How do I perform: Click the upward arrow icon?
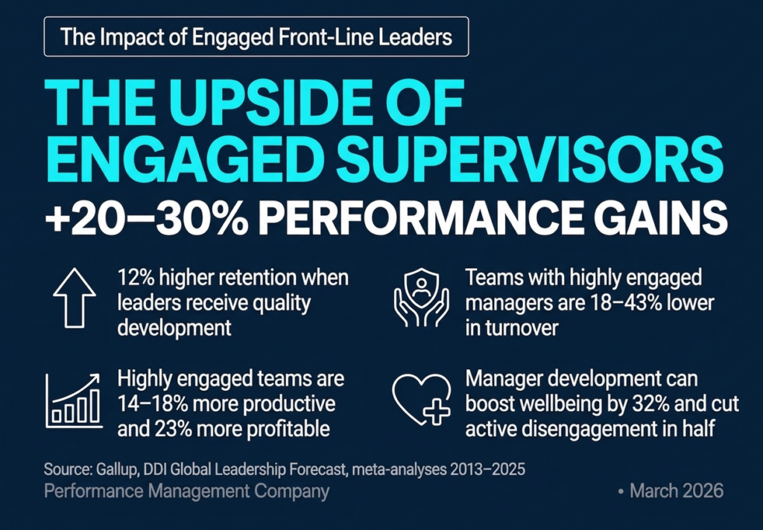[x=74, y=298]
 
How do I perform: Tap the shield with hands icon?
[x=421, y=298]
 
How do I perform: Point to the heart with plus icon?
[x=421, y=400]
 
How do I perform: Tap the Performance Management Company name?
[x=186, y=491]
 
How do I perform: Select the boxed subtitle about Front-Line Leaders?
[x=256, y=36]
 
